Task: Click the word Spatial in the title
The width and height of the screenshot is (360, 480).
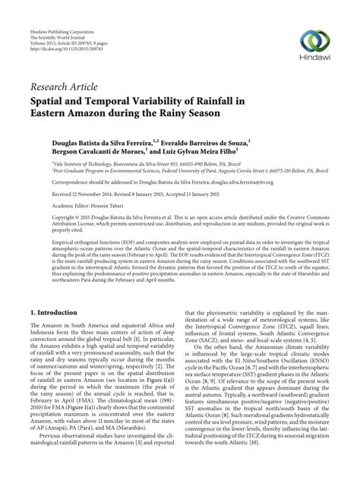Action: [51, 99]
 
